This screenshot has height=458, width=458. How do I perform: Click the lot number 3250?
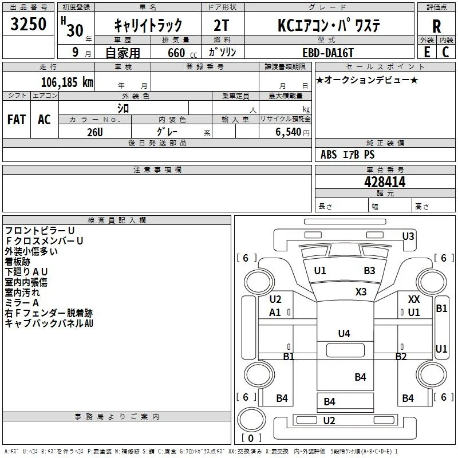(28, 24)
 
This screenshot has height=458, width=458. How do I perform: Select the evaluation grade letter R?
(436, 26)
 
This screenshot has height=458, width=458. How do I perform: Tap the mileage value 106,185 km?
(67, 82)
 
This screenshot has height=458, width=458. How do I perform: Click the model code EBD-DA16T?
(328, 53)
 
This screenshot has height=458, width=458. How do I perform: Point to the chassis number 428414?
(385, 182)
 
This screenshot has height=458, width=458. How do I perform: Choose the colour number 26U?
(95, 132)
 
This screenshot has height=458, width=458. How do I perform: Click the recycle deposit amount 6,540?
(289, 132)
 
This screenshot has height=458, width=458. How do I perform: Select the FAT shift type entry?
(17, 120)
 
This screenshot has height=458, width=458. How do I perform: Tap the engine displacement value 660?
(176, 53)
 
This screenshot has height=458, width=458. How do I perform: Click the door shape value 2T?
(221, 25)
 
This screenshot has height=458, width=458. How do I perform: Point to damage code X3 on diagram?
(361, 291)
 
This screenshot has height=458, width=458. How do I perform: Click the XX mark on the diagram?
(414, 299)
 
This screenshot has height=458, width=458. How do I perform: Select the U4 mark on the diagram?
(344, 333)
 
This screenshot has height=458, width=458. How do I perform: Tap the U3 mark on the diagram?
(408, 236)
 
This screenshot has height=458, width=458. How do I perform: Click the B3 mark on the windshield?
(369, 270)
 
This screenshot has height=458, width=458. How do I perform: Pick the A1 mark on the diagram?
(275, 312)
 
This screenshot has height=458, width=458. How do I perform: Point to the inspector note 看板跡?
(18, 262)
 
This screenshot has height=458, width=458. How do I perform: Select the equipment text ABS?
(329, 155)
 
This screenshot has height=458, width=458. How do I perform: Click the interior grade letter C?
(445, 52)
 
